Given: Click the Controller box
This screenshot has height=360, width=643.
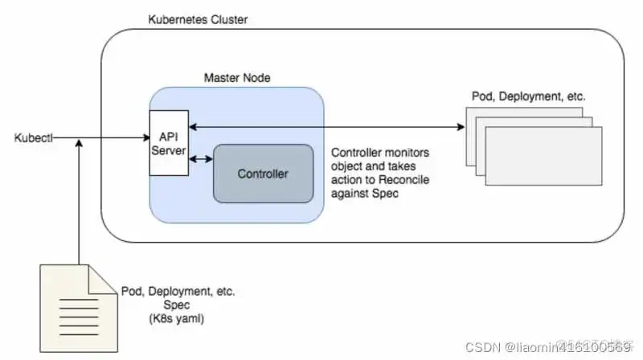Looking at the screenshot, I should pos(263,173).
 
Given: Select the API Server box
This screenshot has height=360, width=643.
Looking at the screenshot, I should pos(169,143).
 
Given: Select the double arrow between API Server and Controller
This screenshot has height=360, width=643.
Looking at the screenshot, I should pos(200,158).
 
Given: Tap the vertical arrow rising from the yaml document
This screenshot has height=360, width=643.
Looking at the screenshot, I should pos(78,201).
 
